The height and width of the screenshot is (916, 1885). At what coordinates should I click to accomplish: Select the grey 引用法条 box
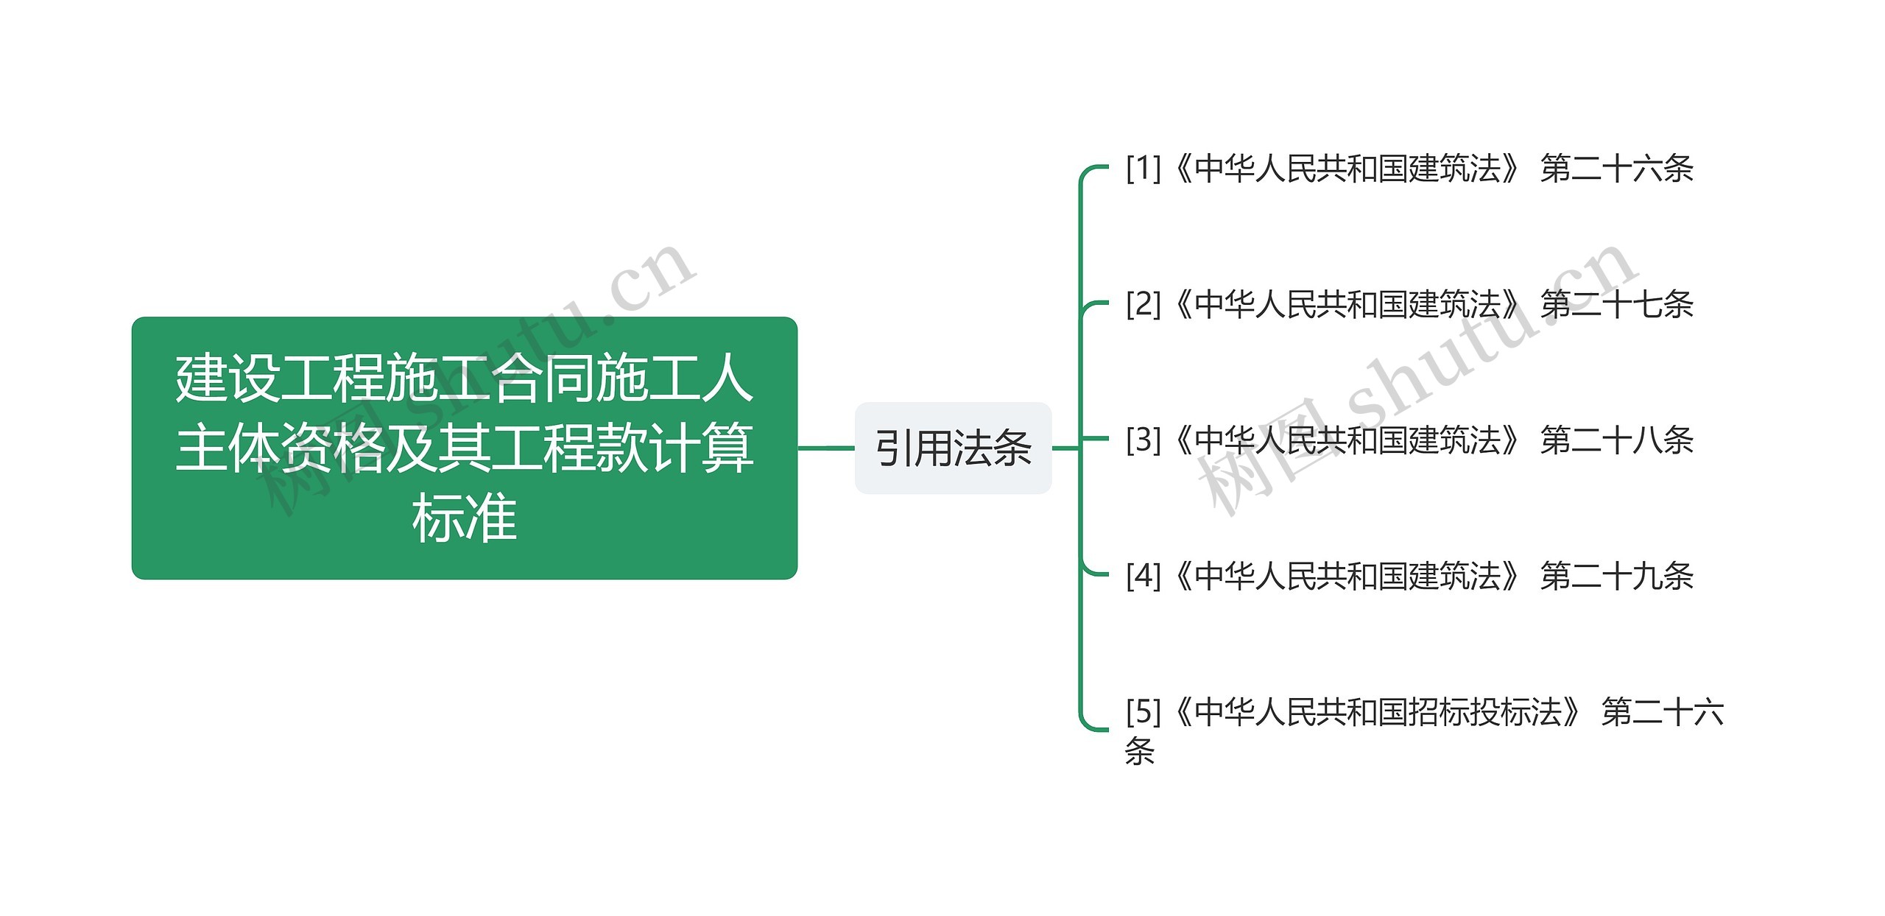click(953, 448)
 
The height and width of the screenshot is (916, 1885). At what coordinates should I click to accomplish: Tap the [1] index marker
click(1143, 169)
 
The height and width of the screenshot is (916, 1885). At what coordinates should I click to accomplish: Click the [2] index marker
click(1143, 304)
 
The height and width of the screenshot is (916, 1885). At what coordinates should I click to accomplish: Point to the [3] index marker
click(1143, 440)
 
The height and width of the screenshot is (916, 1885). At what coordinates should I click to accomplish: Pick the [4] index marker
click(1143, 575)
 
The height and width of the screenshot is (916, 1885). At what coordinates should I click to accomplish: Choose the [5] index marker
click(1143, 711)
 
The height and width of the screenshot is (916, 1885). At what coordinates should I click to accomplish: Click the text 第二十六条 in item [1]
click(1616, 169)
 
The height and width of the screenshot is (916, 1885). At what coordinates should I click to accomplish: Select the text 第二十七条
click(1616, 304)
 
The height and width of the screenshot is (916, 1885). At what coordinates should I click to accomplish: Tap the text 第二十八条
click(1616, 440)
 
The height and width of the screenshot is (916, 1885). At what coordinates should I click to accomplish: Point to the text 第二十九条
click(1616, 575)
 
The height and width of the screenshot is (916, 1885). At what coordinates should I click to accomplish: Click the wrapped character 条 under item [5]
click(1140, 751)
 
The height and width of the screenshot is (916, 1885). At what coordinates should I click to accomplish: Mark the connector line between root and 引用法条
click(825, 448)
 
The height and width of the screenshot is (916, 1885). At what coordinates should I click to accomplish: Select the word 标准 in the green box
click(464, 518)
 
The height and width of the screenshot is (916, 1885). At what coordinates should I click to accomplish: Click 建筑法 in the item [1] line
click(1454, 169)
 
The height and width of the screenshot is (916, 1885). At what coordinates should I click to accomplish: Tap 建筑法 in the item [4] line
click(1454, 575)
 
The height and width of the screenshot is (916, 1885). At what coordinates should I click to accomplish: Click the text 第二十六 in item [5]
click(1662, 711)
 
